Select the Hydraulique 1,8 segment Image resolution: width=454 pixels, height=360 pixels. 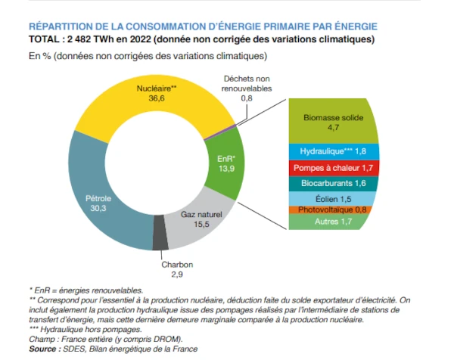tap(333, 151)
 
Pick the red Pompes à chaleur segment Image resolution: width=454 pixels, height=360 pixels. tap(333, 167)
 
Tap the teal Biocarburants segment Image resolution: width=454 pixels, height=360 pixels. tap(333, 183)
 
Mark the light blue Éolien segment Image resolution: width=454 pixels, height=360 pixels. tap(333, 197)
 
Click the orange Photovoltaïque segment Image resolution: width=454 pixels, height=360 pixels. tap(333, 209)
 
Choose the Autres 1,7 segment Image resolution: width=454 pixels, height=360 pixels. tap(333, 222)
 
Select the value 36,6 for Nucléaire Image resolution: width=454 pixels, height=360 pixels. tap(156, 98)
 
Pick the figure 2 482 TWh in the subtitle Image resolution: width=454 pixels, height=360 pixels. tap(90, 39)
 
